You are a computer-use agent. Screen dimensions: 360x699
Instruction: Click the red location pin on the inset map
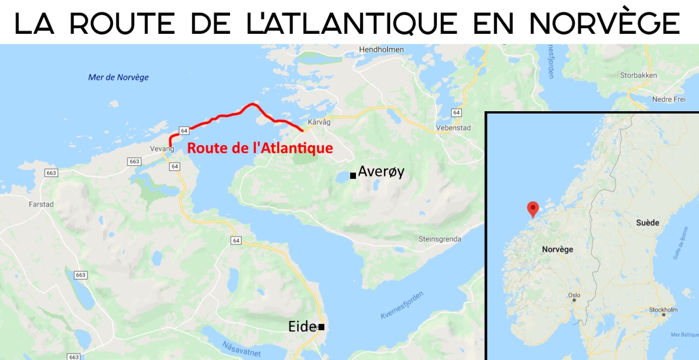click(532, 209)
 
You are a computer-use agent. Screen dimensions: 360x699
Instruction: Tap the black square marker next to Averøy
click(353, 175)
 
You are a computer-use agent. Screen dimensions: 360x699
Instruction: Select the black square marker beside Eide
click(321, 327)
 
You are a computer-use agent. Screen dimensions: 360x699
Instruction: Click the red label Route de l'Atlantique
click(260, 148)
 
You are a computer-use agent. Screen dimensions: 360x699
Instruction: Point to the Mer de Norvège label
click(118, 77)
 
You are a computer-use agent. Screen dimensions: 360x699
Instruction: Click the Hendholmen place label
click(382, 50)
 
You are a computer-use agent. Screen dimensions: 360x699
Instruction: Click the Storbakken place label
click(638, 75)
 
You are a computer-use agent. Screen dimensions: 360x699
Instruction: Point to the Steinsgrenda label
click(440, 239)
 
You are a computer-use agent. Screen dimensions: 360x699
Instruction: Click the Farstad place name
click(41, 204)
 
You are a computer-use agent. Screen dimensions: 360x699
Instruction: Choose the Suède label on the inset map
click(648, 223)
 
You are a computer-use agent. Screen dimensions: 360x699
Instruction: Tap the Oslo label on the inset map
click(574, 295)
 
